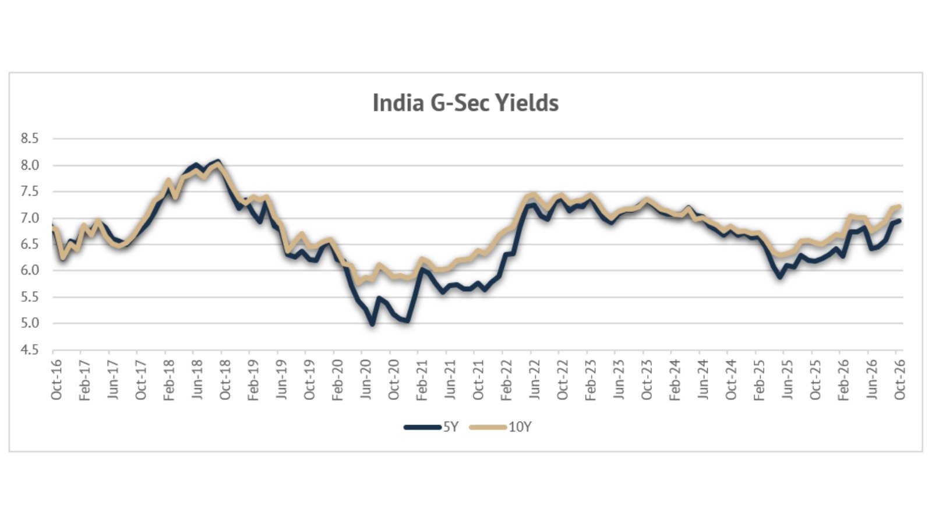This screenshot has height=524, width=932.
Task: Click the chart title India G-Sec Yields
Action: (x=465, y=102)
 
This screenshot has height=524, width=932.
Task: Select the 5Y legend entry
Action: (x=431, y=427)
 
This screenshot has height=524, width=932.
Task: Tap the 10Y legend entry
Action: (x=500, y=427)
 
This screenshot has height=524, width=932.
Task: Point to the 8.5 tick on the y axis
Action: (x=30, y=139)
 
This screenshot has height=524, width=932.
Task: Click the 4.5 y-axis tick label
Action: (x=30, y=350)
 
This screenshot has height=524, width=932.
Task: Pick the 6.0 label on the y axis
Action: (x=30, y=270)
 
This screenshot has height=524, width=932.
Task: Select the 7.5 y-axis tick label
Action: (x=30, y=192)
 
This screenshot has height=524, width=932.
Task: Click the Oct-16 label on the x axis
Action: (x=56, y=379)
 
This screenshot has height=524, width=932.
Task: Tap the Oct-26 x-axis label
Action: (x=899, y=379)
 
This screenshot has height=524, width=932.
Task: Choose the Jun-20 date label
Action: (x=365, y=379)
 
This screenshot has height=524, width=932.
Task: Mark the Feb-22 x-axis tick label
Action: (x=506, y=379)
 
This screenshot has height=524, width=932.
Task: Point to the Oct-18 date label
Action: (x=225, y=379)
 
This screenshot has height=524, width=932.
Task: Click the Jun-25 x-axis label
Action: (x=787, y=379)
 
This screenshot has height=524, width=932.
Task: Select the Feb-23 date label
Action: (x=591, y=379)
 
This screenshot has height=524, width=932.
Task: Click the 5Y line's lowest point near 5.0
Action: (x=372, y=324)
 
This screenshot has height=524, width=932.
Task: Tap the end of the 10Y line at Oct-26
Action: (x=899, y=207)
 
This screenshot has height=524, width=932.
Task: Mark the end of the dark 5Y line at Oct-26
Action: (x=899, y=221)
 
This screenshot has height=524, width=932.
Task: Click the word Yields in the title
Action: (x=528, y=102)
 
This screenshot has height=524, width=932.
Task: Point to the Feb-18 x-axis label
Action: (x=168, y=379)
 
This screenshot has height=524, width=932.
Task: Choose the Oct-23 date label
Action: (x=647, y=379)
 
